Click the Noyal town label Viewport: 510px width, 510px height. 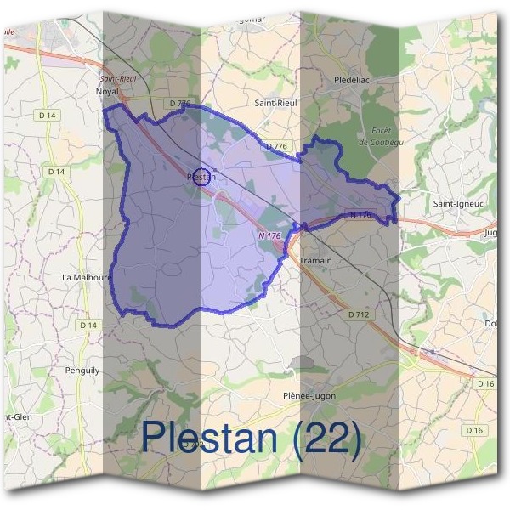click(108, 90)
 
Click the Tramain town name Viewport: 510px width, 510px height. click(315, 260)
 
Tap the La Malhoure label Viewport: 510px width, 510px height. click(88, 276)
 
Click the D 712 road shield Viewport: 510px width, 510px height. click(360, 314)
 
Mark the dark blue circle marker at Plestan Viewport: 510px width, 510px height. click(201, 176)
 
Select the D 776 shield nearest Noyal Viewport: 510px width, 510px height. click(179, 104)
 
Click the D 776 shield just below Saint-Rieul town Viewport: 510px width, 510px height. click(277, 146)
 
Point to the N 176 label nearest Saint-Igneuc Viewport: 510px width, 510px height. click(360, 215)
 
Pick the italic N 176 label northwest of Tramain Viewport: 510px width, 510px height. click(268, 235)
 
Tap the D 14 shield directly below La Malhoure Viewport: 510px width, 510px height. click(88, 325)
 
